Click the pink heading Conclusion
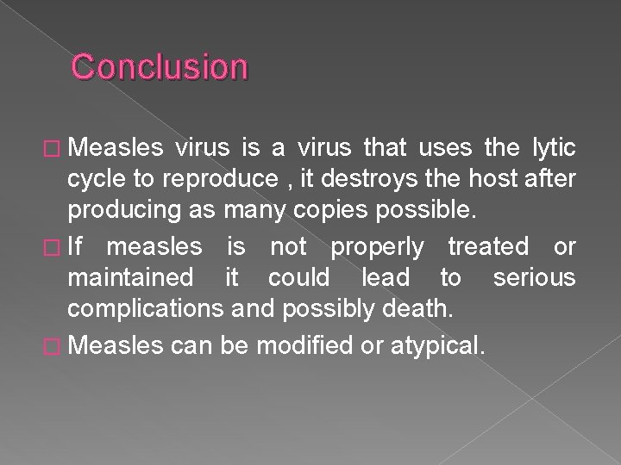[x=160, y=66]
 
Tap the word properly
[x=378, y=247]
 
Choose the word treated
[x=488, y=247]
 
